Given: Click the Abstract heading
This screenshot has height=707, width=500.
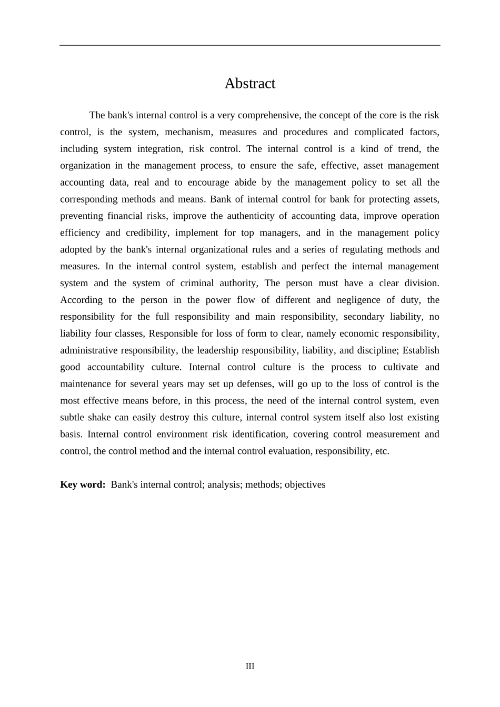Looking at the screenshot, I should tap(249, 84).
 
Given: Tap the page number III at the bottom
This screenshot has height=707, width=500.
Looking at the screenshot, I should tap(250, 666).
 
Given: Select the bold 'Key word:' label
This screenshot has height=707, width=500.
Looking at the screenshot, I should tap(83, 484).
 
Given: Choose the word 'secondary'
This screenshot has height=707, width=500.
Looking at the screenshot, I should tap(364, 317).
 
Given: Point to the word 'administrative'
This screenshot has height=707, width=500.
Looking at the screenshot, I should tap(89, 351).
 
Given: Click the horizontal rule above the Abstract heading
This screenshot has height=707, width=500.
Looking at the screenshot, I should tap(249, 45).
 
